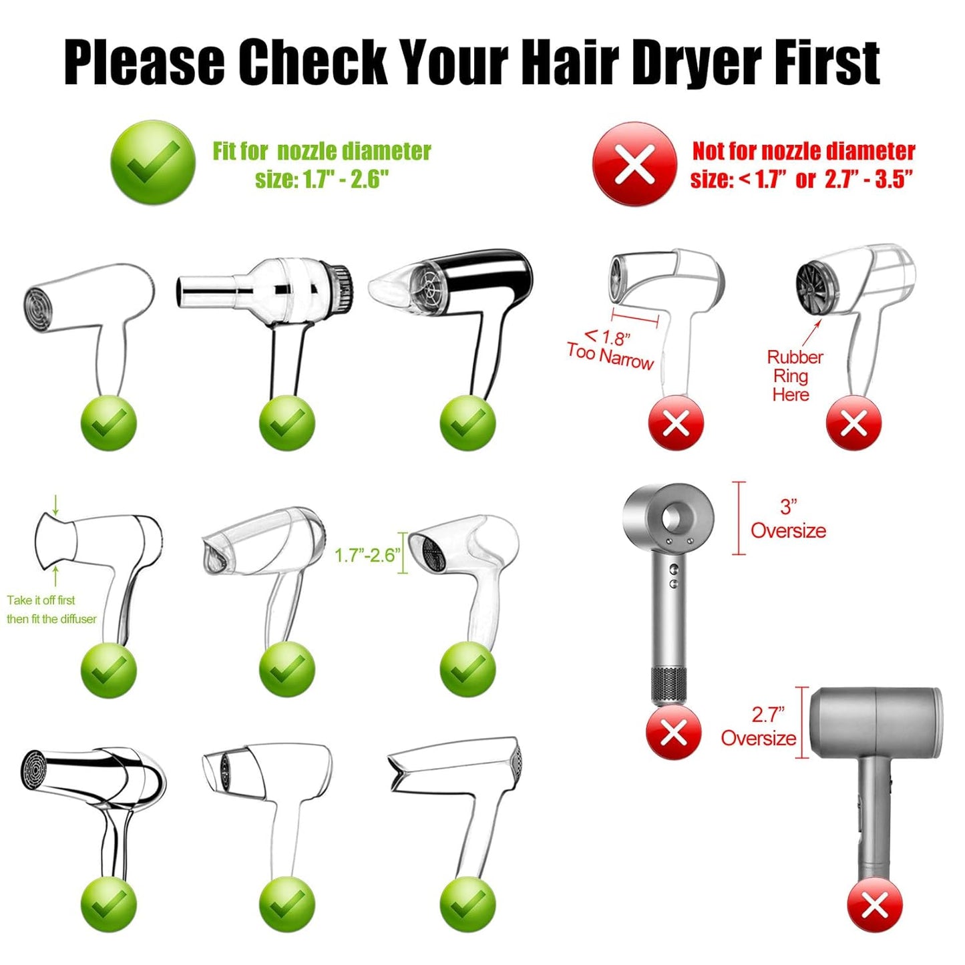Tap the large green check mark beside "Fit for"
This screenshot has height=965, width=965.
153,162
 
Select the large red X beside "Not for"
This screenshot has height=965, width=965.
634,164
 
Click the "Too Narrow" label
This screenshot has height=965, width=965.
610,355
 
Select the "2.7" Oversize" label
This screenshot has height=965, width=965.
759,727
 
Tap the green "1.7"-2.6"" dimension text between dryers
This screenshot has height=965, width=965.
367,555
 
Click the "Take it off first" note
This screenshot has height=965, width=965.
41,600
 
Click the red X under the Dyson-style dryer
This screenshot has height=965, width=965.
673,733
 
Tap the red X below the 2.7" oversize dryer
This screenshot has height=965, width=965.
874,906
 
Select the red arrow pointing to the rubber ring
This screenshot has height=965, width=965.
813,332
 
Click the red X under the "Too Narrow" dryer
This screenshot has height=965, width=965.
676,423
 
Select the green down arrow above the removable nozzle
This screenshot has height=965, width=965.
55,505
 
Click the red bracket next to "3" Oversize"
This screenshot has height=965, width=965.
739,518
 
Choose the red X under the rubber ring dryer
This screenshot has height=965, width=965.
853,423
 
